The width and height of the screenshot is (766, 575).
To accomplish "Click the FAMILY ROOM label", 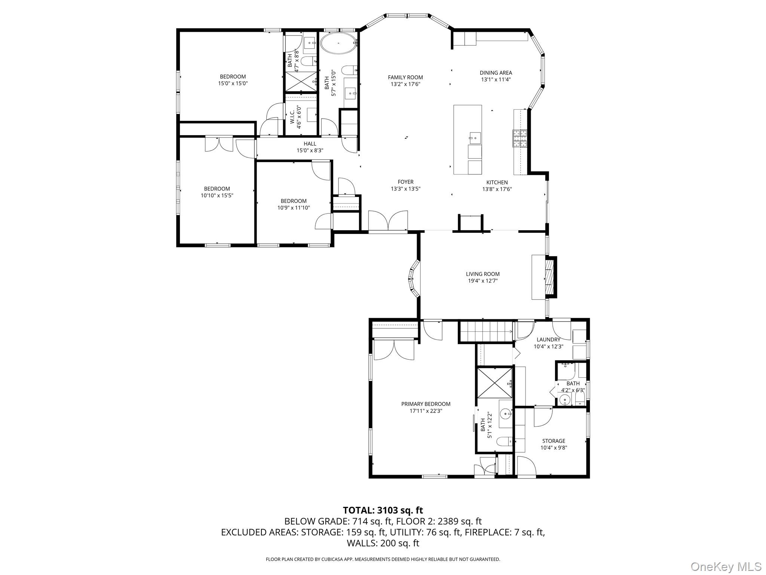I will (x=405, y=77).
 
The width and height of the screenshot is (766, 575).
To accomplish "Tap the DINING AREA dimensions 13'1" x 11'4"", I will (x=496, y=79).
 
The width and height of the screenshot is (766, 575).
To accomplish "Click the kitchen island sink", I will (x=475, y=138).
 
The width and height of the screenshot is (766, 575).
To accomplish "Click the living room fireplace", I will (x=549, y=277).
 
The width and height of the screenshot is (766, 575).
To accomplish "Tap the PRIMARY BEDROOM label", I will (x=426, y=404).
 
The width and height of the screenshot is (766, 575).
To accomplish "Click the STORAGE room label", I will (x=554, y=441).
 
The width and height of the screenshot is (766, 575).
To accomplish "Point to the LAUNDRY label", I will (x=548, y=340).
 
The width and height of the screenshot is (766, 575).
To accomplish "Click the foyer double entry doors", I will (x=388, y=221).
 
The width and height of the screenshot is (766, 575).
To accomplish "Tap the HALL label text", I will (x=310, y=144).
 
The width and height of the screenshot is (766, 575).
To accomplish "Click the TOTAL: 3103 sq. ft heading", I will (x=383, y=510).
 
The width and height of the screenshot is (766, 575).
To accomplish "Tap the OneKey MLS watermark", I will (x=726, y=566).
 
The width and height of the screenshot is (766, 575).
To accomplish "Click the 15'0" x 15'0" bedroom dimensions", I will (x=233, y=83).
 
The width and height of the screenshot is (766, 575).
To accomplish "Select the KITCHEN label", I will (x=497, y=182).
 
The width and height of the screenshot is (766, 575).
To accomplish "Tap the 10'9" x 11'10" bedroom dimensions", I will (x=294, y=208).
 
